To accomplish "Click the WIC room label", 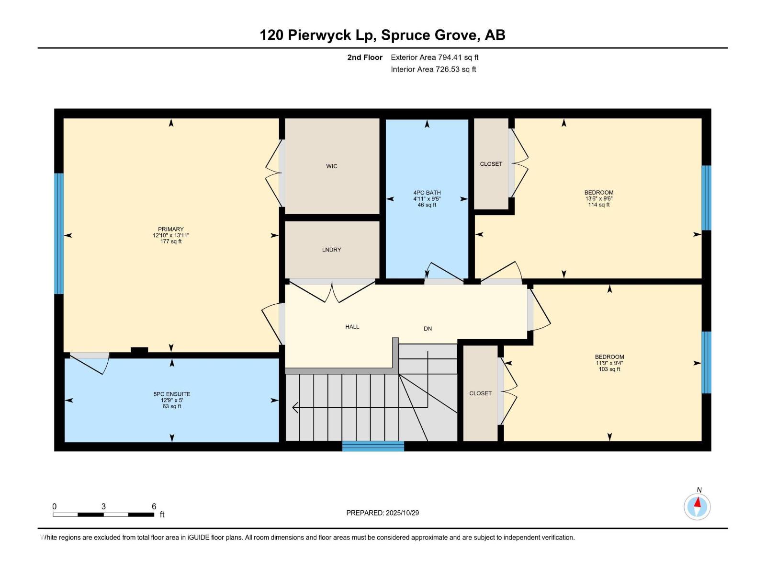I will tap(332, 166).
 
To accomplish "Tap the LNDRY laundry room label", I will tap(331, 250).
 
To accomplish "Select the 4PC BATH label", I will tap(427, 193).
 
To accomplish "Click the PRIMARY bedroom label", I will tap(171, 229).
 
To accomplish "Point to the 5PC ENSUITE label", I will tap(172, 394).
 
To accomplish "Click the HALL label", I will tap(352, 327).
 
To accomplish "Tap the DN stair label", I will tap(428, 329).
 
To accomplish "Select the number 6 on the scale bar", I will tap(154, 506).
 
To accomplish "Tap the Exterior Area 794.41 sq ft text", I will tap(434, 57).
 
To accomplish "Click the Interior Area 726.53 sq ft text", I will tap(433, 69).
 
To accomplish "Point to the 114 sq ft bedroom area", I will tap(598, 205).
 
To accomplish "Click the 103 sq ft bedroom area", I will tap(609, 369).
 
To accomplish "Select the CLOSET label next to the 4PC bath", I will tap(491, 164).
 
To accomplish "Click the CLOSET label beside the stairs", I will tap(480, 393).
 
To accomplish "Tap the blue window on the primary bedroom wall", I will tap(58, 233).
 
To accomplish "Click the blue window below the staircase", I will tap(373, 446).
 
